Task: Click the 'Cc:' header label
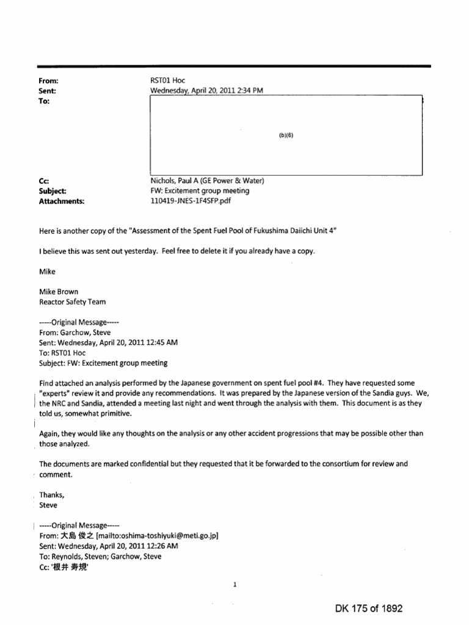tap(43, 181)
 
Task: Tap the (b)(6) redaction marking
tap(286, 136)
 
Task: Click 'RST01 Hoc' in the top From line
tap(167, 81)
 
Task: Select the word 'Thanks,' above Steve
tap(51, 495)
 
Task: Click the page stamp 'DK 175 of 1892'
tap(369, 609)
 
